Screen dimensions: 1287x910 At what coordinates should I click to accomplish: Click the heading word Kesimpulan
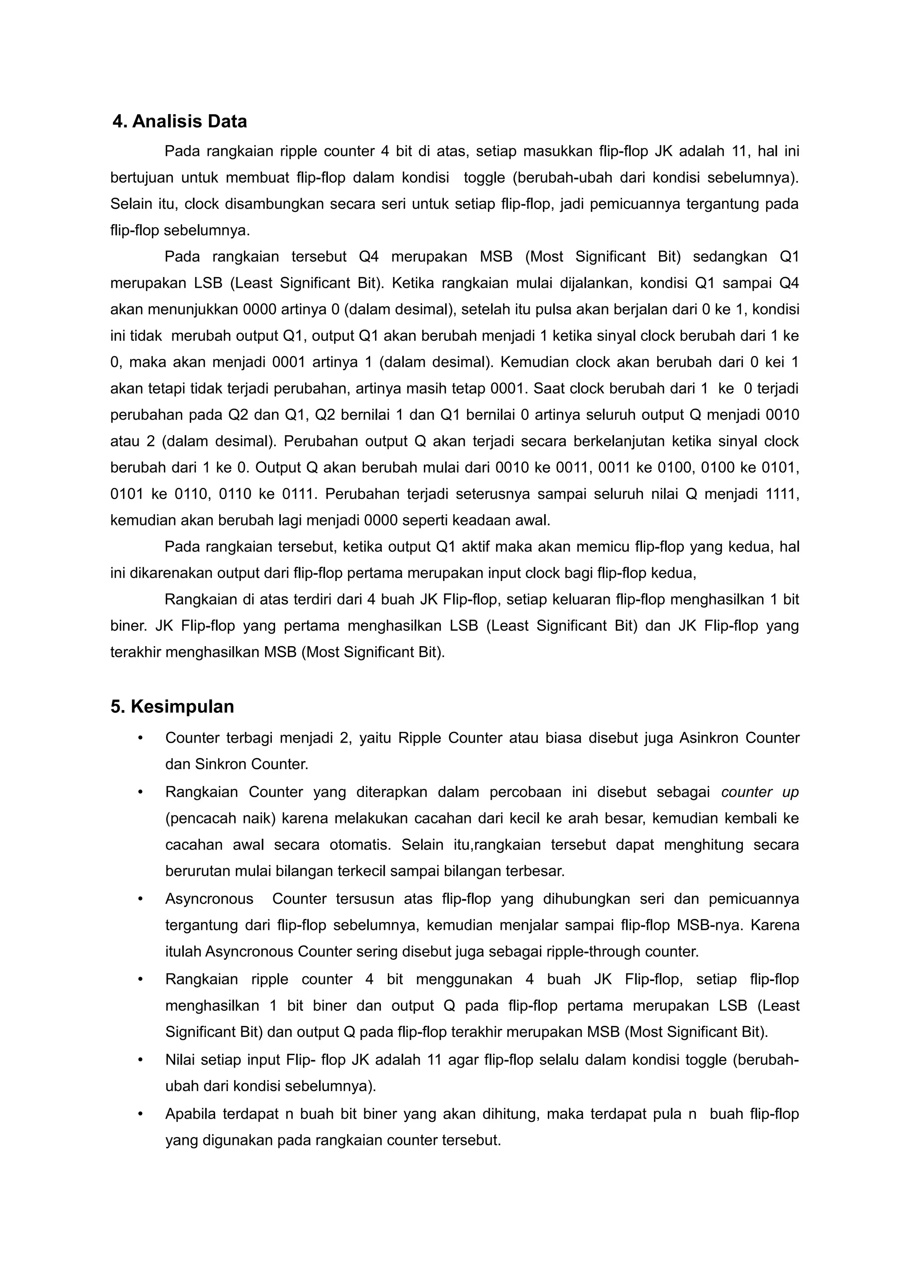[182, 706]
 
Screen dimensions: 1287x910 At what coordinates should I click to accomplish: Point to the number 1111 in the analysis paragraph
[782, 494]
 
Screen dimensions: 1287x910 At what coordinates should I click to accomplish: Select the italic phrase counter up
[760, 792]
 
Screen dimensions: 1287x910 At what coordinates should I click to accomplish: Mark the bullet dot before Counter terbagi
[141, 738]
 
